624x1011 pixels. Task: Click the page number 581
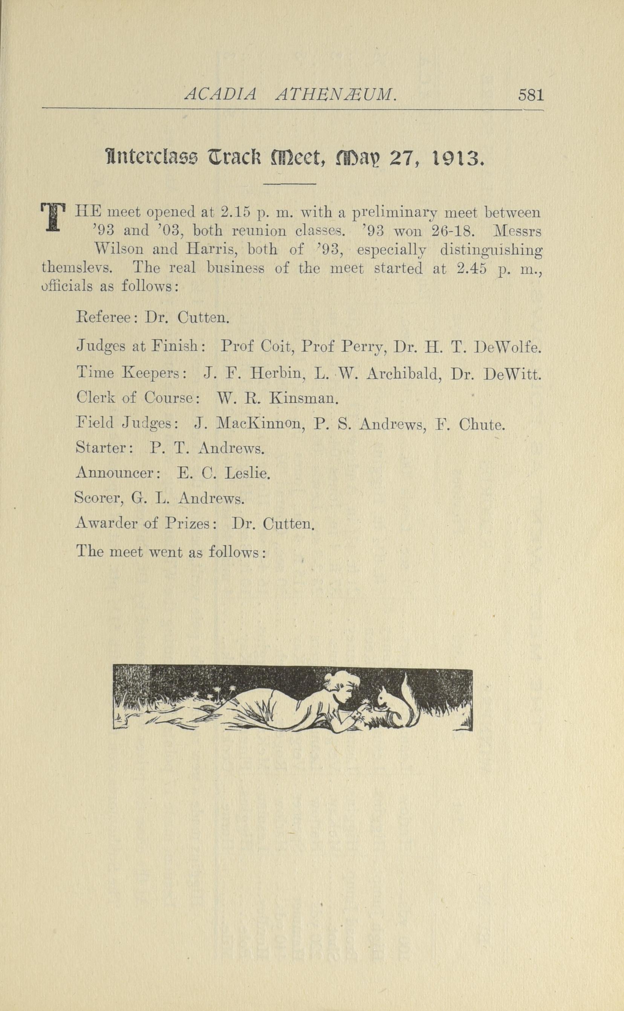[x=531, y=95]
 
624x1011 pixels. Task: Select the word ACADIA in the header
[x=220, y=95]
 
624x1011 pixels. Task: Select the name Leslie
[x=247, y=473]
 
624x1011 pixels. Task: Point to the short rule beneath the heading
[x=290, y=184]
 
